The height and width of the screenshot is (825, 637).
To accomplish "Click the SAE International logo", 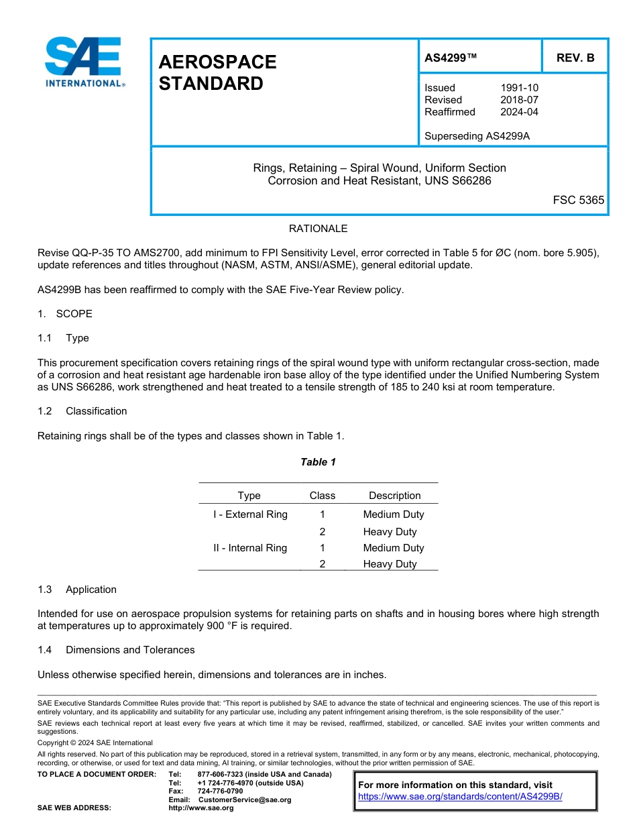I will point(84,62).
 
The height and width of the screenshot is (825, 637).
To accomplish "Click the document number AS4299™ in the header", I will point(451,58).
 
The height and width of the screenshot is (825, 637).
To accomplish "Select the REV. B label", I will point(575,58).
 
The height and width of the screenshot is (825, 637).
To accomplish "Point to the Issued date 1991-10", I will point(519,88).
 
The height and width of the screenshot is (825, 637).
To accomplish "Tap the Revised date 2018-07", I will point(519,100).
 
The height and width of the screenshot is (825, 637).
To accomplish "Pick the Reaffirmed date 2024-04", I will point(519,112).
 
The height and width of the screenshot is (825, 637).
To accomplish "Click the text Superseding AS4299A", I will point(477,136).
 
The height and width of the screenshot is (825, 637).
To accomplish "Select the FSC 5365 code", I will point(578,200).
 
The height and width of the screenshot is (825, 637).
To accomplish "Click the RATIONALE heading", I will point(318,229).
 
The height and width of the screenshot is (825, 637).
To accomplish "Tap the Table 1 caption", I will point(318,462).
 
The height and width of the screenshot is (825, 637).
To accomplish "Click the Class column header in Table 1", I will point(322,496).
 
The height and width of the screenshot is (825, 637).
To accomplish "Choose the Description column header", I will point(394,496).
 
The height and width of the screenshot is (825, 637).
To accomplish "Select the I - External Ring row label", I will point(250,514).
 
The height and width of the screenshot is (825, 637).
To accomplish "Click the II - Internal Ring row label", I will point(250,548).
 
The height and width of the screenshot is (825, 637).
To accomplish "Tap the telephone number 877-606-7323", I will point(221,775).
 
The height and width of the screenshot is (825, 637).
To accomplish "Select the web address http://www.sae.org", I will point(201,808).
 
